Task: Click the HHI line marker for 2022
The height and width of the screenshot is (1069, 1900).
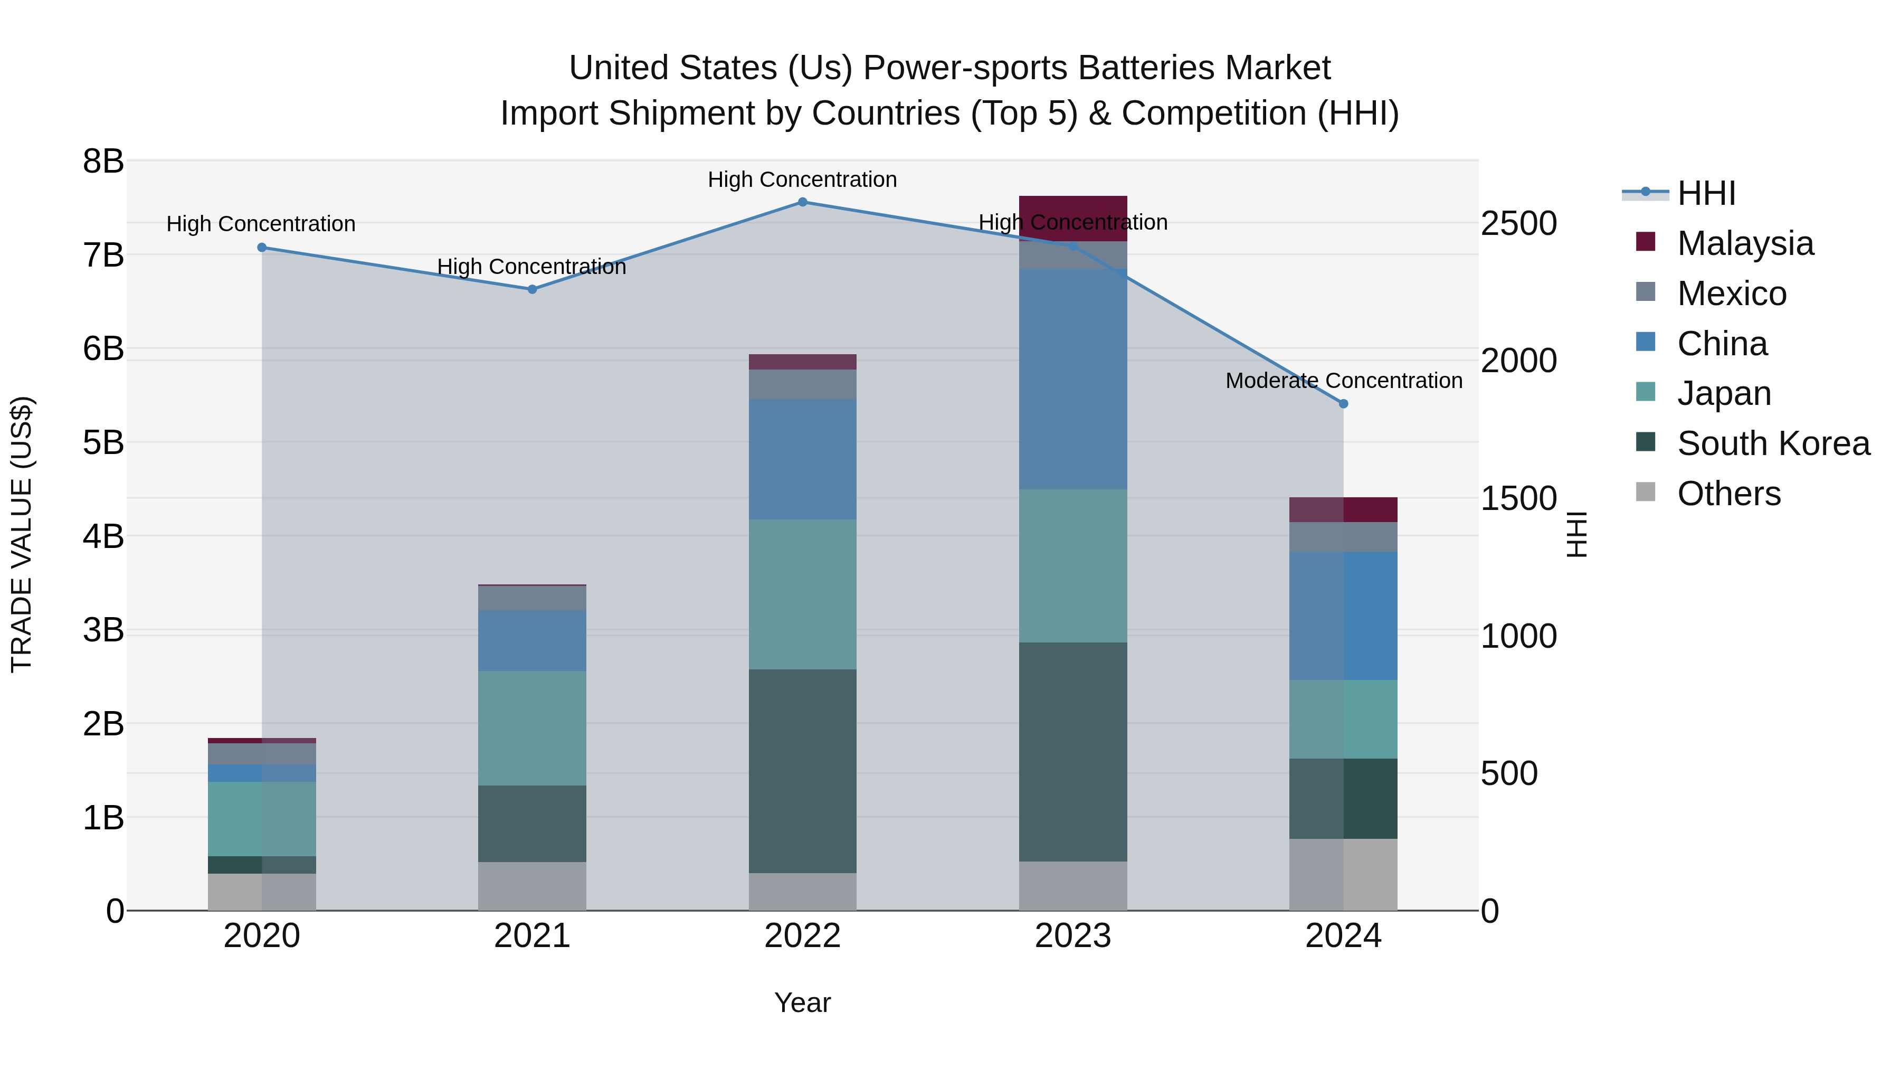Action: point(802,202)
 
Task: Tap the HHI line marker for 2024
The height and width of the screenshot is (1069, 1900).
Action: point(1343,403)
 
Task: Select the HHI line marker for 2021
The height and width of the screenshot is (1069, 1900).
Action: point(532,289)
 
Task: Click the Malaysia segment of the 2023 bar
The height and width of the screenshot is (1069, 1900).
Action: point(1073,219)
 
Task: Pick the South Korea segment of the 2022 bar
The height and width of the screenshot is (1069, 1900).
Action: point(802,771)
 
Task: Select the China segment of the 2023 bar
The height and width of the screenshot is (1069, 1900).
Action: point(1073,379)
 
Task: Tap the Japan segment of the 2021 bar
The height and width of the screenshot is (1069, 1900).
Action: point(532,728)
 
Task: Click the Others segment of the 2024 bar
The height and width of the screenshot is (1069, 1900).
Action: point(1343,874)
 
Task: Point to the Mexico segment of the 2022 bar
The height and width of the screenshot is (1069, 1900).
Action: point(802,384)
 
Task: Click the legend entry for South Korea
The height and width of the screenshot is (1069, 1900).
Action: point(1773,443)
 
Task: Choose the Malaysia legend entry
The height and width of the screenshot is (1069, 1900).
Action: point(1745,243)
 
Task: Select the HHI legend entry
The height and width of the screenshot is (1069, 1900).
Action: point(1706,193)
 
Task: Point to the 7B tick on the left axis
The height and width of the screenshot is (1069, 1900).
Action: point(103,256)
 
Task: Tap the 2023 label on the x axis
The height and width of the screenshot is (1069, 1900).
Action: point(1073,936)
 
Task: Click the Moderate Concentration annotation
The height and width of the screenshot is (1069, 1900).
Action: point(1343,381)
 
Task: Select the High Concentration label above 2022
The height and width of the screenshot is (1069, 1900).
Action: point(802,179)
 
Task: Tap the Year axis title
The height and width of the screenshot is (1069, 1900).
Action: point(802,1002)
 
